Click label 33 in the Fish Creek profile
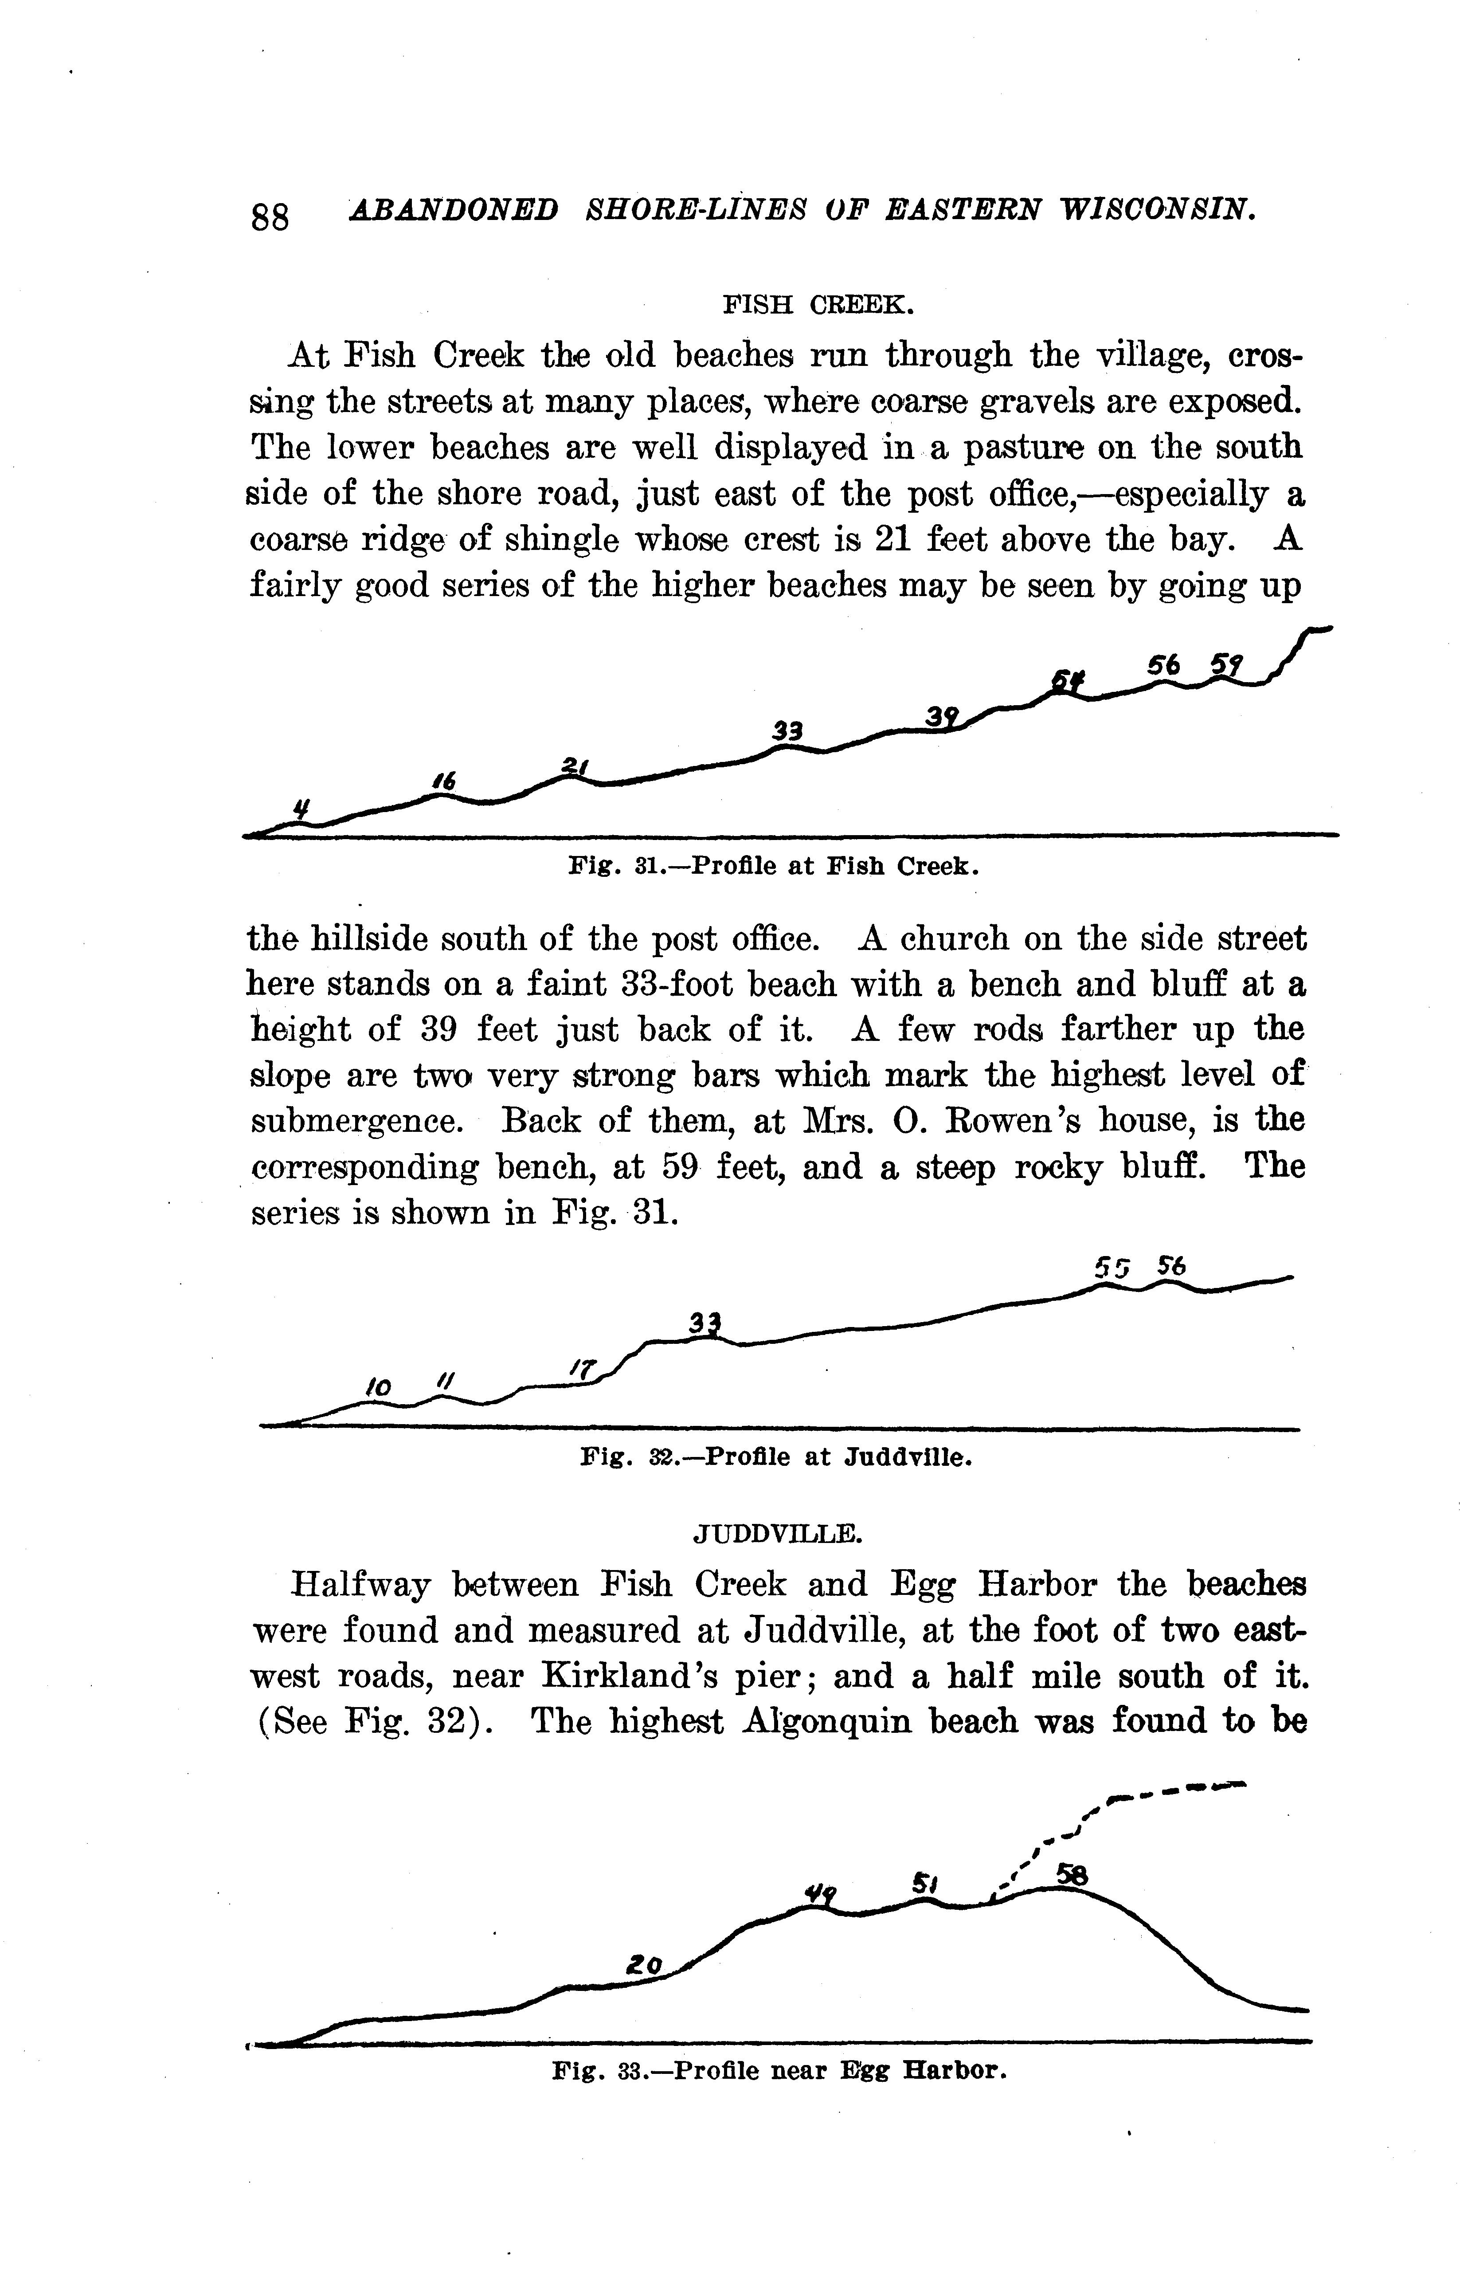787,731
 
